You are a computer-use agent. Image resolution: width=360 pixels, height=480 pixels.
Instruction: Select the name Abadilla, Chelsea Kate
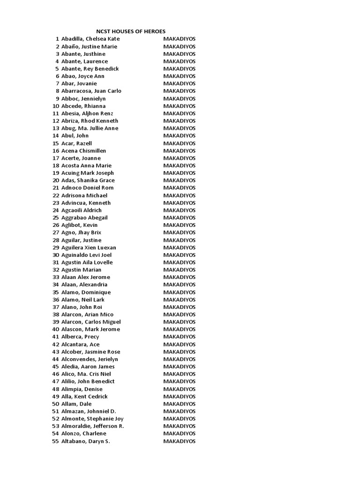pos(90,39)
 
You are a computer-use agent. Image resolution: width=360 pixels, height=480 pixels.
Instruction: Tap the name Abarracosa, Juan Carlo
pos(91,91)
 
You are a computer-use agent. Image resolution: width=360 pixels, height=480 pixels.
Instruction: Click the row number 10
pos(56,106)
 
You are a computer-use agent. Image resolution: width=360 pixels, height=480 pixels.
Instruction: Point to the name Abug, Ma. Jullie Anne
pos(90,128)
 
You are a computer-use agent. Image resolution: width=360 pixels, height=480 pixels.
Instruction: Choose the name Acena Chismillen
pos(83,151)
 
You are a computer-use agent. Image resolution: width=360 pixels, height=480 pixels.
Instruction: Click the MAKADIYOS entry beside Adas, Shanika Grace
pos(180,180)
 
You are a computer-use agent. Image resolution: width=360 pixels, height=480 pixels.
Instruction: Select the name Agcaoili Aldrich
pos(82,210)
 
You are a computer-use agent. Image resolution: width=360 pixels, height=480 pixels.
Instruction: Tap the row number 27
pos(56,232)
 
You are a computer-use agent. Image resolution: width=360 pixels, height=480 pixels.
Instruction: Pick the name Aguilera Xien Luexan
pos(89,247)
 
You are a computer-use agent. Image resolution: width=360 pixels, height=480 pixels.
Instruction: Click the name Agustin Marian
pos(81,270)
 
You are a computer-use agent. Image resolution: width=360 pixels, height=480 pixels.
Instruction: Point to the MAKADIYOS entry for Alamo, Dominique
pos(180,292)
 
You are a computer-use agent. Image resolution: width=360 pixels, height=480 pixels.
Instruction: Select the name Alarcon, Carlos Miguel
pos(91,322)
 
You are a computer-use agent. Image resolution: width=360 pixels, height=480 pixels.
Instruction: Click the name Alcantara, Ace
pos(80,345)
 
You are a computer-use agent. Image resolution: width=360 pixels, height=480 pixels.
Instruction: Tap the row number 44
pos(56,359)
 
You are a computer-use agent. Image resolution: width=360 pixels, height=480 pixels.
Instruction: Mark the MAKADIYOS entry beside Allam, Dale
pos(180,404)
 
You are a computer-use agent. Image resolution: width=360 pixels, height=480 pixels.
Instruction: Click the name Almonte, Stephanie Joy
pos(92,419)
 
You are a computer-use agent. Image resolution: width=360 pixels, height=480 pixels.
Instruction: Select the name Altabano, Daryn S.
pos(85,442)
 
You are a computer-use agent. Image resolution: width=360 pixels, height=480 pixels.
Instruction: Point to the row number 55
pos(56,442)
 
